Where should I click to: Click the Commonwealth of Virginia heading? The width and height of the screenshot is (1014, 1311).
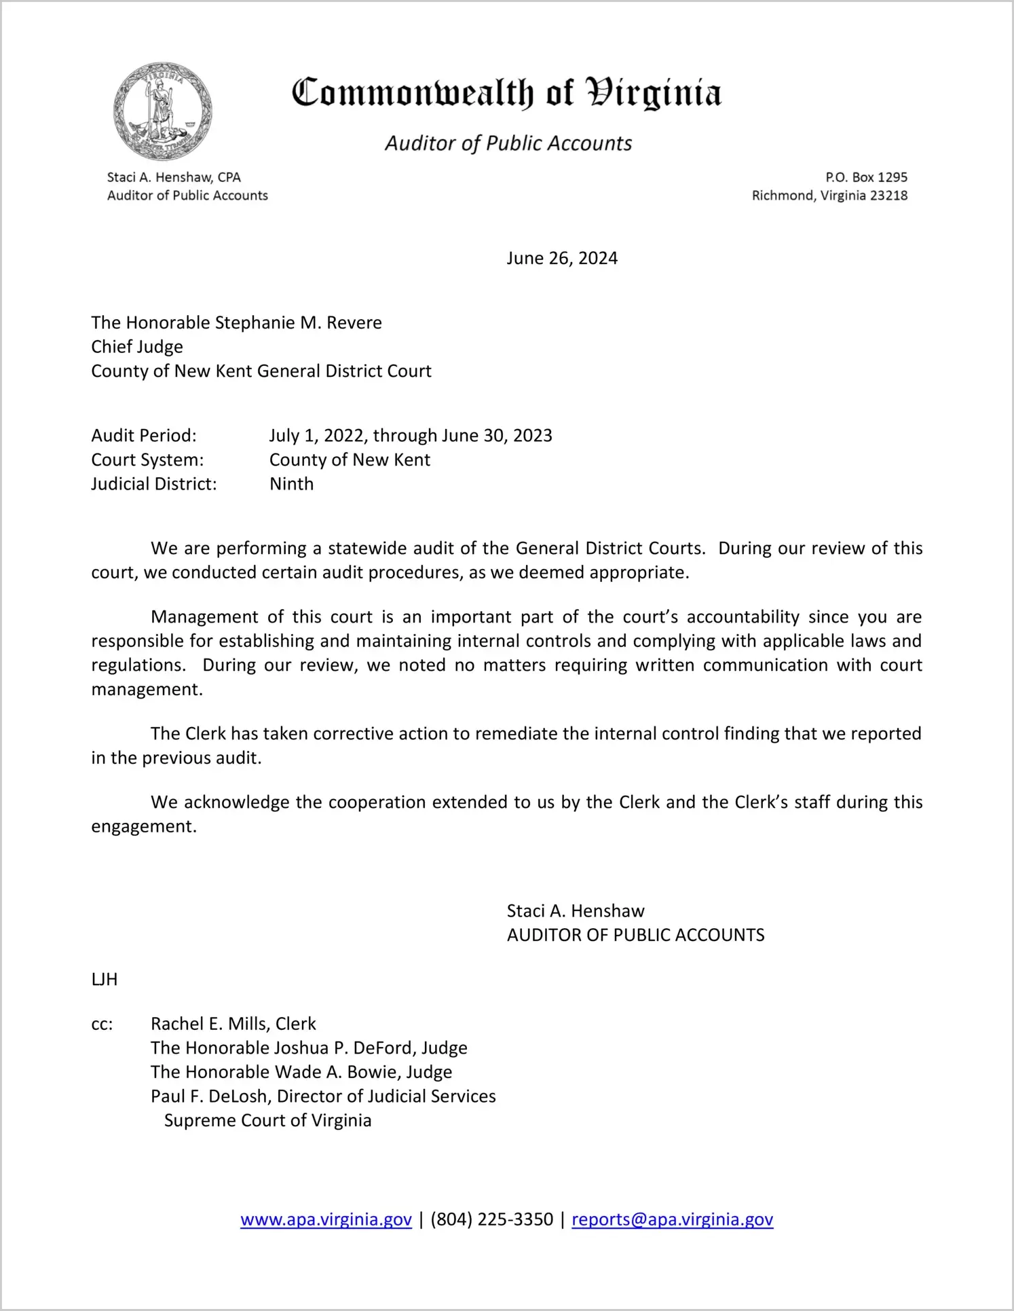(506, 93)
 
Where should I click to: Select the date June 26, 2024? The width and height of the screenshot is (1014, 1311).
(562, 259)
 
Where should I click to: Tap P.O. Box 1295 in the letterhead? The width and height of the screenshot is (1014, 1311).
(866, 177)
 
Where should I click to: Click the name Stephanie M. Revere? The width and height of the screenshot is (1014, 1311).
(298, 322)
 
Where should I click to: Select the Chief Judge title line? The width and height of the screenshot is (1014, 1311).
(137, 347)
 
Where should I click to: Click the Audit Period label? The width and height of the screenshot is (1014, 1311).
(144, 435)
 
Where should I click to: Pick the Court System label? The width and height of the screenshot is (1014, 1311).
(147, 460)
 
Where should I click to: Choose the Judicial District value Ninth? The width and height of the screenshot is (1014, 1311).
(292, 484)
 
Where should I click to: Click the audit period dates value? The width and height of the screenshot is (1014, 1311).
(411, 435)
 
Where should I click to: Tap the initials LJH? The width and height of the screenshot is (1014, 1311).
(105, 979)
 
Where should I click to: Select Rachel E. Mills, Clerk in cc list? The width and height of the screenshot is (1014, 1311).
(233, 1024)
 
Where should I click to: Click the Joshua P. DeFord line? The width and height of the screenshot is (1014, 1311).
(309, 1048)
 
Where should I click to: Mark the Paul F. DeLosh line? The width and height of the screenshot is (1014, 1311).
(323, 1096)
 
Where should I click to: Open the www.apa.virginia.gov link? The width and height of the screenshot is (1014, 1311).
(326, 1219)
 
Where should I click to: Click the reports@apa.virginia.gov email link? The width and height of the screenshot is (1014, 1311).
(672, 1219)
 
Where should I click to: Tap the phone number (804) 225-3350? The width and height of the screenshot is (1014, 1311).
(491, 1219)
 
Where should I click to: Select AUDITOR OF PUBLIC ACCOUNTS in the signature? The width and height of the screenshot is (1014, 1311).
(635, 936)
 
